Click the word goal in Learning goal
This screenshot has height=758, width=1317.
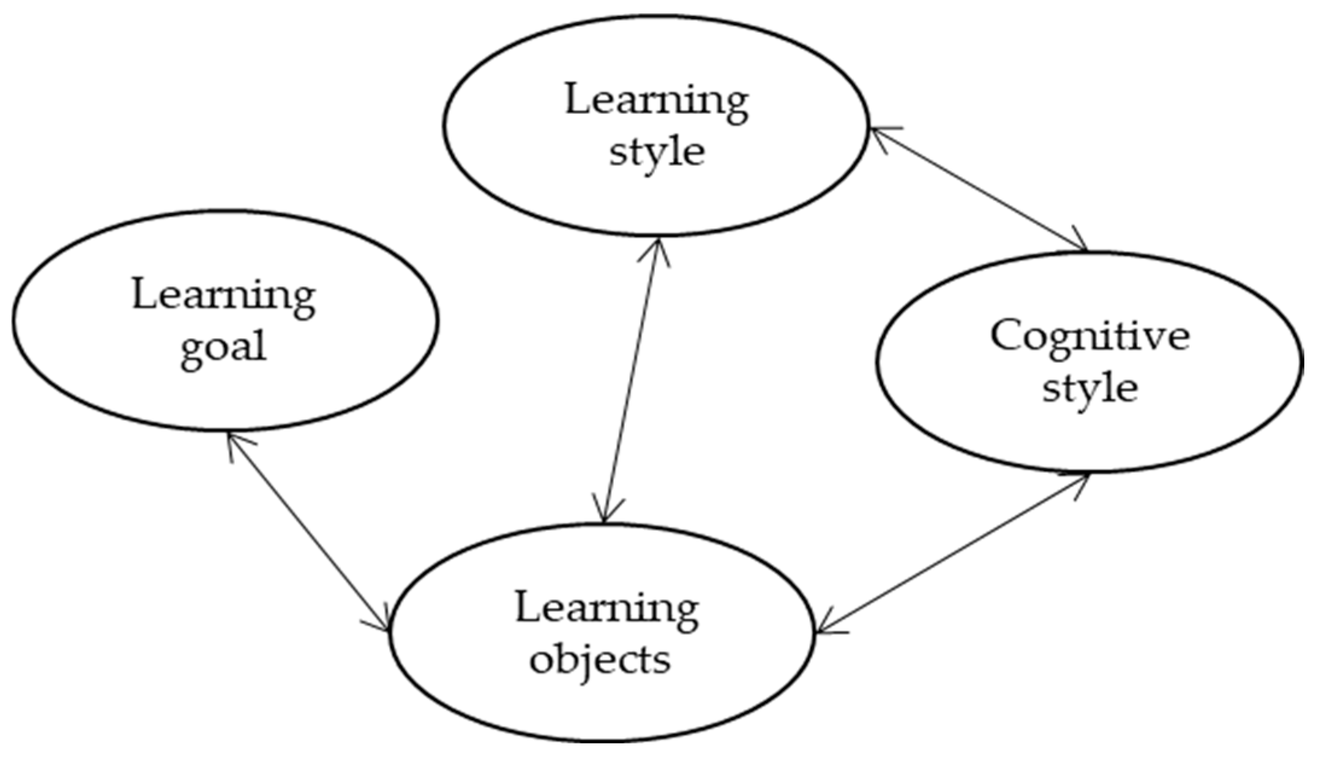(223, 348)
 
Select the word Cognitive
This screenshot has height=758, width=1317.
(1089, 337)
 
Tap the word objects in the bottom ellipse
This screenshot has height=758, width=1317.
(600, 660)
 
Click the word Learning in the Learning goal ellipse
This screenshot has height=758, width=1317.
(223, 296)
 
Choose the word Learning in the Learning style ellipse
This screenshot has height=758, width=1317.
(657, 100)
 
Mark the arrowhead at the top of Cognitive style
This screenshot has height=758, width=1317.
(1080, 242)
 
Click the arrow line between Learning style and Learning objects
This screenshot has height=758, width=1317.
(631, 381)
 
